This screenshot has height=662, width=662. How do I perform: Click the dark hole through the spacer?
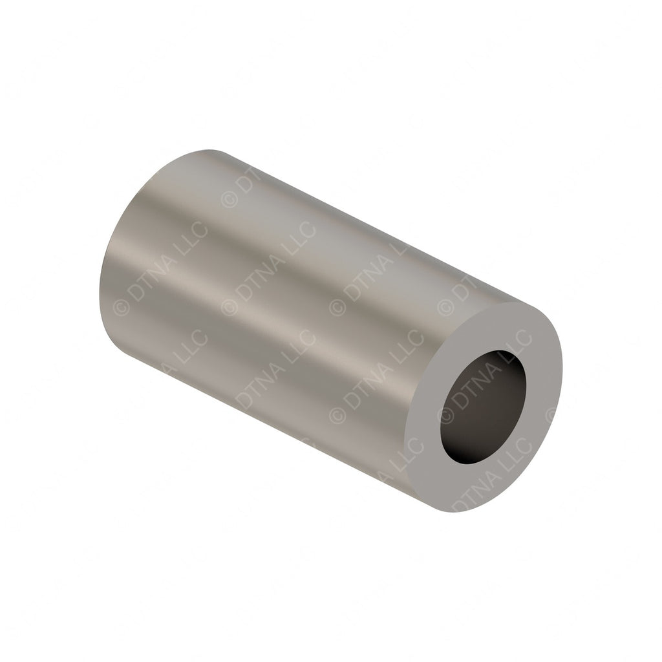(484, 407)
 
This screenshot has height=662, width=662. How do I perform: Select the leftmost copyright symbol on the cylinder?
(120, 310)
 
